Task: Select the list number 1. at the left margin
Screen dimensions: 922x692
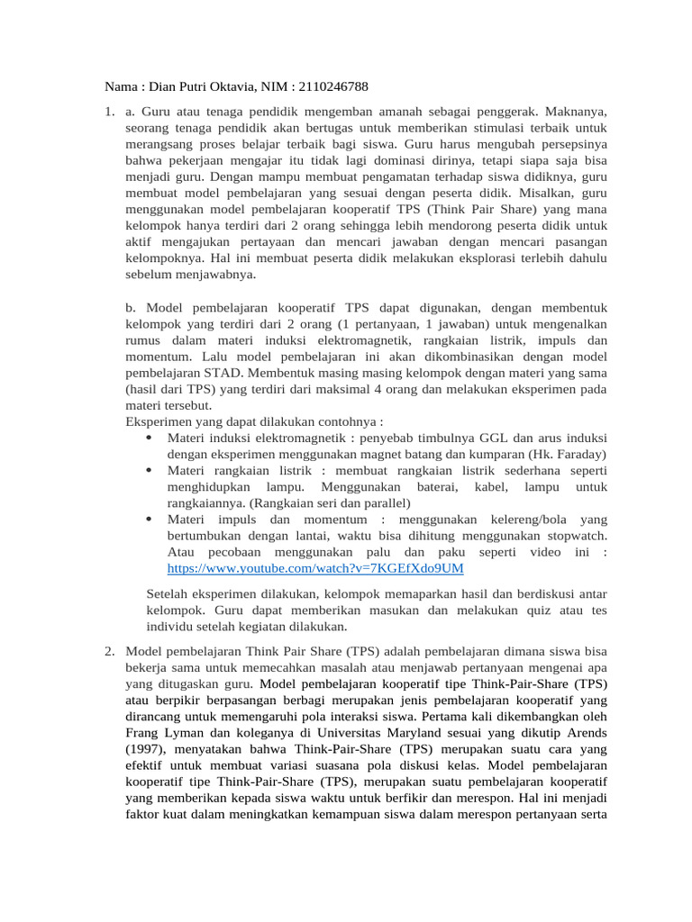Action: click(108, 112)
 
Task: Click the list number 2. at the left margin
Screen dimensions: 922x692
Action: click(108, 650)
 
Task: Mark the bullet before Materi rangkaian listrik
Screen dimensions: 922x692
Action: click(147, 470)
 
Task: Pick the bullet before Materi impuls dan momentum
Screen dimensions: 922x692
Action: click(147, 520)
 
